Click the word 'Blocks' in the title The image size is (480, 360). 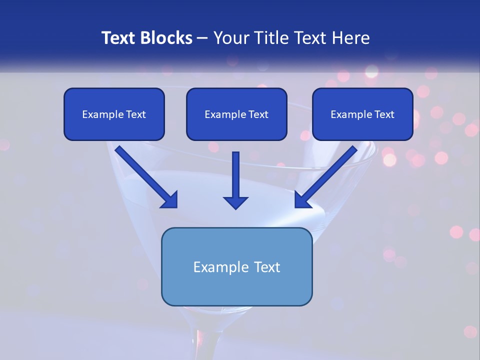click(165, 38)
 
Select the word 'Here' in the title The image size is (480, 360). click(350, 38)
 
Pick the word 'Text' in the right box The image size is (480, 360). click(384, 114)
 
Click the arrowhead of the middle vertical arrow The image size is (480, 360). click(235, 202)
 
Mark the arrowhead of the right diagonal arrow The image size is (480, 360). click(302, 200)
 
